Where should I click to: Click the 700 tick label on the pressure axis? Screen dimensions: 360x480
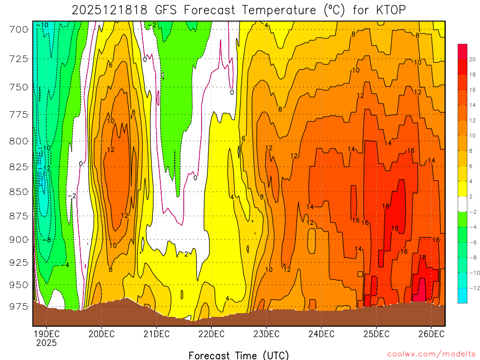[19, 30]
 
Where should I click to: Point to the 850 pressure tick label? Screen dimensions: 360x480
[19, 192]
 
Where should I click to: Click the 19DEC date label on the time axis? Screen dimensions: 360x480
[46, 334]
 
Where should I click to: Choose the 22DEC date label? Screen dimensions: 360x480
[211, 334]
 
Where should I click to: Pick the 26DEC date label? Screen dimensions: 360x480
[431, 334]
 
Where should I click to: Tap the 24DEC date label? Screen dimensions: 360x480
[321, 334]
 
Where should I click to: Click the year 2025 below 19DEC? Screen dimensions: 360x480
[46, 343]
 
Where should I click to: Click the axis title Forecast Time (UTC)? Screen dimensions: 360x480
[239, 355]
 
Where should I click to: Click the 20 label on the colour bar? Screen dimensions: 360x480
[472, 59]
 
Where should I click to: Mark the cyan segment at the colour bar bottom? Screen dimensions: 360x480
[462, 295]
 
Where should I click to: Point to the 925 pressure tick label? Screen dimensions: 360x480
[19, 262]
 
